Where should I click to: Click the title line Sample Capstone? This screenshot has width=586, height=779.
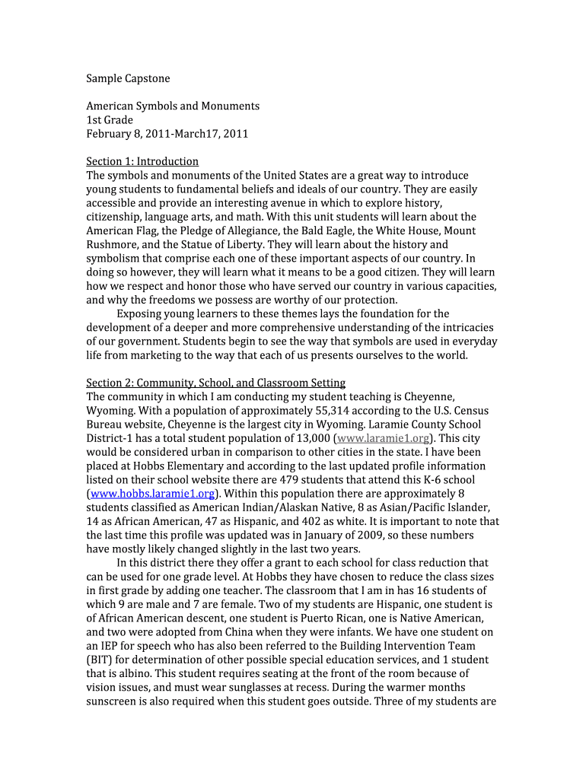click(x=128, y=78)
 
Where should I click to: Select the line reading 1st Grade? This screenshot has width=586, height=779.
click(x=110, y=120)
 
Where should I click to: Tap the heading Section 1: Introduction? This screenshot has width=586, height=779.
click(x=142, y=161)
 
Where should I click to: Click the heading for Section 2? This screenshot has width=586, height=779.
click(x=215, y=383)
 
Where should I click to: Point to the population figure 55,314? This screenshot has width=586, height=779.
click(x=336, y=411)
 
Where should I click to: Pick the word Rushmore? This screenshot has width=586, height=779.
click(x=111, y=245)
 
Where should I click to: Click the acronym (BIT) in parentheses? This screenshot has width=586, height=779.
click(x=100, y=660)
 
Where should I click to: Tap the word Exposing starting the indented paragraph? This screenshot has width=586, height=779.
click(x=141, y=313)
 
